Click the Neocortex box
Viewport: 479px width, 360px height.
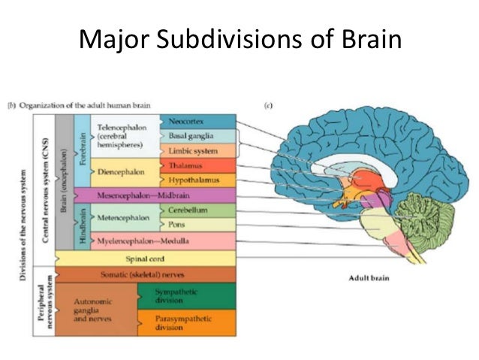[198, 122]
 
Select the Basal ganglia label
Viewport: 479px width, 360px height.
[198, 136]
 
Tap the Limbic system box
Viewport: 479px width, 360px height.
[198, 150]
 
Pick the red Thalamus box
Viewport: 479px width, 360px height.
[198, 165]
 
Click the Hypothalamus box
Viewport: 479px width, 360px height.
[198, 180]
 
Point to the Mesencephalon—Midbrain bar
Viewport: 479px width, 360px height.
[163, 195]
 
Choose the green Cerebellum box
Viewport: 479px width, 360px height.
[198, 210]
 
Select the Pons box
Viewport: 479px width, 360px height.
[198, 224]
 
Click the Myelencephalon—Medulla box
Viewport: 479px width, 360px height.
[163, 241]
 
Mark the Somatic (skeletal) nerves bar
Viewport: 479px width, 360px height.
[143, 274]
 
